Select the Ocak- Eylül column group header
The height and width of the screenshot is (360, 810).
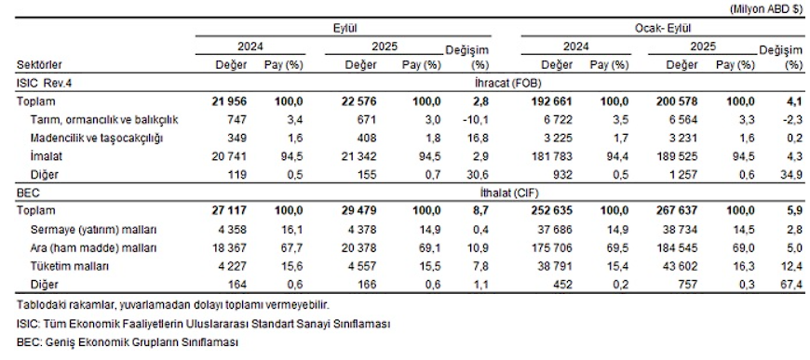[x=662, y=29]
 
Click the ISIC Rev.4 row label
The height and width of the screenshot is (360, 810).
[x=44, y=83]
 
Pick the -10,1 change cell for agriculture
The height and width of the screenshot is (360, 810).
[x=476, y=120]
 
